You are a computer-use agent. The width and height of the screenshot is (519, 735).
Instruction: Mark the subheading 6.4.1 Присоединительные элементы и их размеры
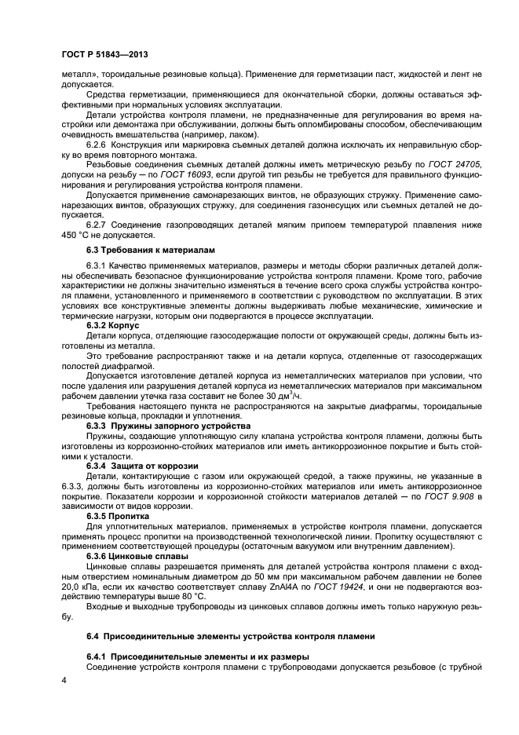pos(198,656)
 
